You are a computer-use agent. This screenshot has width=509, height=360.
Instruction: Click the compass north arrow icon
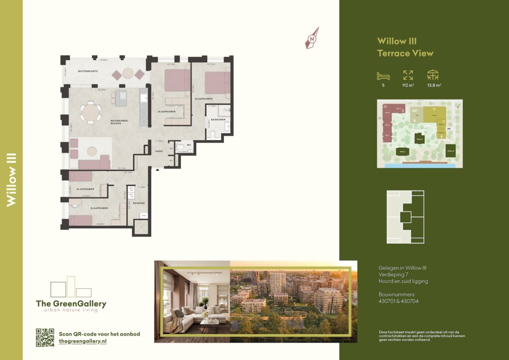(312, 39)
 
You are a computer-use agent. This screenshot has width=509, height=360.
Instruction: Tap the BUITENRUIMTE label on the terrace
(87, 72)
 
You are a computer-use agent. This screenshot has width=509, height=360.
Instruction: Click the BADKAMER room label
(218, 120)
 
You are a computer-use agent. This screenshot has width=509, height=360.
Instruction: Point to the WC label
(189, 145)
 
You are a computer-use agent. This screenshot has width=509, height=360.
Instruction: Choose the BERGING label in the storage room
(139, 203)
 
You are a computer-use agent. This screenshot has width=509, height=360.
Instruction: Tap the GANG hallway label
(160, 151)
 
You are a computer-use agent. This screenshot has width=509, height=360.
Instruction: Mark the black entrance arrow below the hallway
(158, 171)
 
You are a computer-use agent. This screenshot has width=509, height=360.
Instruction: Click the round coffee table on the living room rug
(91, 151)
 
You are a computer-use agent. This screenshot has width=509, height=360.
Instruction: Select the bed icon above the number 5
(383, 76)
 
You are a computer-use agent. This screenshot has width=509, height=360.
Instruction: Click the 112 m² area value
(408, 86)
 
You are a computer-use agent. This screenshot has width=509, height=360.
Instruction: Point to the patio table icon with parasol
(433, 75)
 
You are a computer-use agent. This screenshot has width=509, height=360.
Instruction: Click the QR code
(45, 337)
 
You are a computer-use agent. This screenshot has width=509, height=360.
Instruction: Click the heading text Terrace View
(405, 53)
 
